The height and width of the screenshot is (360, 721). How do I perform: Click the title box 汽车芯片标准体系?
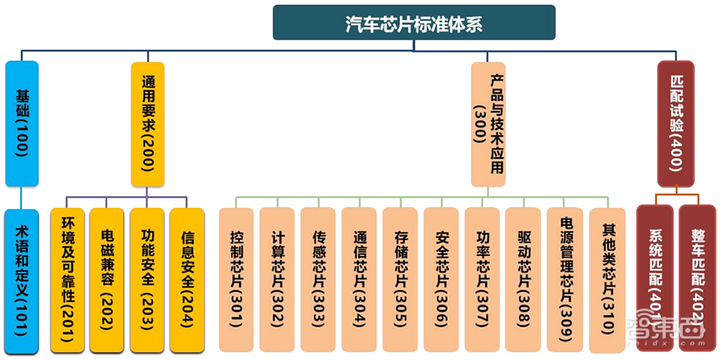tap(414, 22)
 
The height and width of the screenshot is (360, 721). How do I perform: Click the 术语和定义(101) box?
tap(21, 281)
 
